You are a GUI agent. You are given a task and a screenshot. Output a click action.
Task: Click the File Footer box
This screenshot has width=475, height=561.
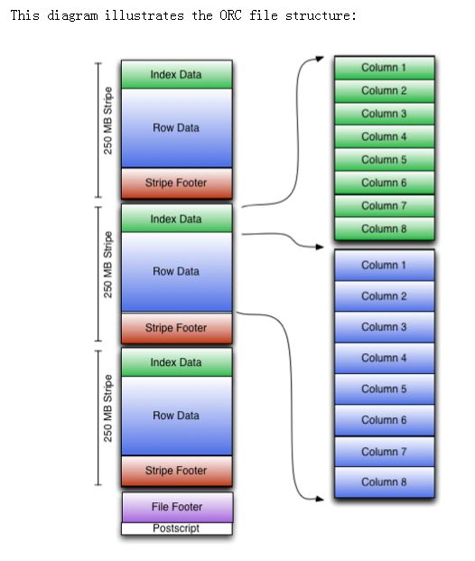(177, 507)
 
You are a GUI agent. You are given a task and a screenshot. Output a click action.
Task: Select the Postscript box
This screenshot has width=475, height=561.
(177, 528)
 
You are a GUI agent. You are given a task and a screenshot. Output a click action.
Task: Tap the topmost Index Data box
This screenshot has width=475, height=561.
(177, 74)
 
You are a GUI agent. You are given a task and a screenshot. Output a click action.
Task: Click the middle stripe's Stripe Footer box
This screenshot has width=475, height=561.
(177, 328)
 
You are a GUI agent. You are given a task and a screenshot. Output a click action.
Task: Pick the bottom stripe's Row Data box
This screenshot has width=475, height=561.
(177, 416)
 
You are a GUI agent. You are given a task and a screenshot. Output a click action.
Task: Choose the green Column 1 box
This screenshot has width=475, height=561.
(385, 68)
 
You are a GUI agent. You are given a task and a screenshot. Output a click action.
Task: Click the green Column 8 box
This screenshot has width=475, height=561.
(385, 229)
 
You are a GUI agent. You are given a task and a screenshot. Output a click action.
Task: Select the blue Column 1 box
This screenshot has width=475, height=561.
(385, 265)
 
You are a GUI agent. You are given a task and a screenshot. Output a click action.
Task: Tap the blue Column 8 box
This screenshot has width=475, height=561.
(385, 482)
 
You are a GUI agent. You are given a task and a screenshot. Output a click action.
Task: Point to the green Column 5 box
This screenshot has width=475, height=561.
(385, 160)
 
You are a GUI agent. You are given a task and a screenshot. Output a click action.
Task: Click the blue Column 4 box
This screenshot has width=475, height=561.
(385, 358)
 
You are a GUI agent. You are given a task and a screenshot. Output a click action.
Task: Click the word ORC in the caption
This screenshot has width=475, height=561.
(230, 15)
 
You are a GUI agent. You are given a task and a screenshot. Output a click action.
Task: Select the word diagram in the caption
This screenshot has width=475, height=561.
(72, 16)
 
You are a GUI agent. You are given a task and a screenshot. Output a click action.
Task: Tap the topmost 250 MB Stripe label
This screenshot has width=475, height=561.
(107, 120)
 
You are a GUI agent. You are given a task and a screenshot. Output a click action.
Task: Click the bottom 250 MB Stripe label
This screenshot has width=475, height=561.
(107, 408)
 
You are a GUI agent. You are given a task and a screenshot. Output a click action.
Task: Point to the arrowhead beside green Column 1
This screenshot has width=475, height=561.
(320, 59)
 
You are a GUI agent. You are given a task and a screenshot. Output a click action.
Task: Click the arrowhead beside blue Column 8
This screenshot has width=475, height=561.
(320, 499)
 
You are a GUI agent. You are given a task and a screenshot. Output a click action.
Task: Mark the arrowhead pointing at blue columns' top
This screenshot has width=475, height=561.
(320, 247)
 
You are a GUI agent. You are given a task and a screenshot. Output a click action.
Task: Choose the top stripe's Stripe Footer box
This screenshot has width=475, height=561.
(177, 183)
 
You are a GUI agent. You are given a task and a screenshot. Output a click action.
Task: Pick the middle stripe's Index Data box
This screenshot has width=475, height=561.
(177, 219)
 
